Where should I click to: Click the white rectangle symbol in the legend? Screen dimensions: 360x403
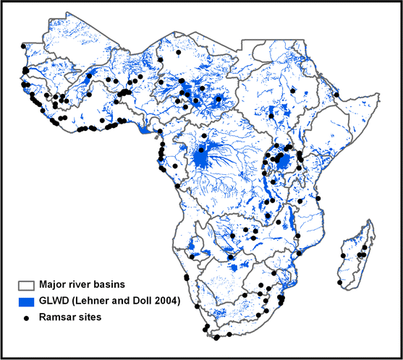(27, 286)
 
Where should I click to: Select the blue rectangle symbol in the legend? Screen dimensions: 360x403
(27, 301)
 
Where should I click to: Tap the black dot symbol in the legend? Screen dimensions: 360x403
(27, 317)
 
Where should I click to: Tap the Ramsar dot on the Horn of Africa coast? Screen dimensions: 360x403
(337, 94)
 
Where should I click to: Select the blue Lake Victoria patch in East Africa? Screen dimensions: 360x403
(284, 160)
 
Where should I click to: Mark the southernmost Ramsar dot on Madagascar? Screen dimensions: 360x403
(339, 282)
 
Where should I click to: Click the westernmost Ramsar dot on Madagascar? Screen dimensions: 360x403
(339, 282)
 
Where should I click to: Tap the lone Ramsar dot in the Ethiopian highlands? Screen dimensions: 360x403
(293, 90)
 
